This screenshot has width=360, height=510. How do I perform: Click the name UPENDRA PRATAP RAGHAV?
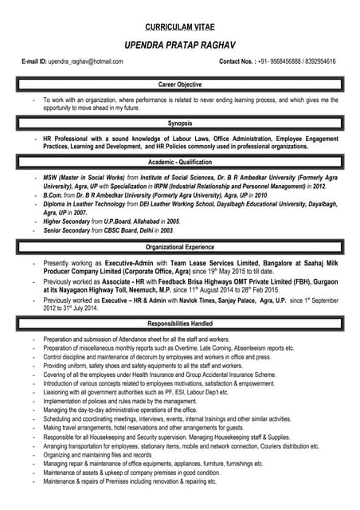coord(179,45)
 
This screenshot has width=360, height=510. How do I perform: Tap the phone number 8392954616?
coord(317,61)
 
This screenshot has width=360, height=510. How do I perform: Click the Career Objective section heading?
coord(180,84)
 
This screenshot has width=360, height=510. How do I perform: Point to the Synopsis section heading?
coord(180,124)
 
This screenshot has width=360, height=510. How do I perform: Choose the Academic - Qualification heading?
coord(180,163)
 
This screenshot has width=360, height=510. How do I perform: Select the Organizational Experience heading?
coord(180,247)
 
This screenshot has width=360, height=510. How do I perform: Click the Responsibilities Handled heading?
coord(180,324)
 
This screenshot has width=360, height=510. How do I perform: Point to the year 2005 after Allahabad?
coord(172,221)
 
